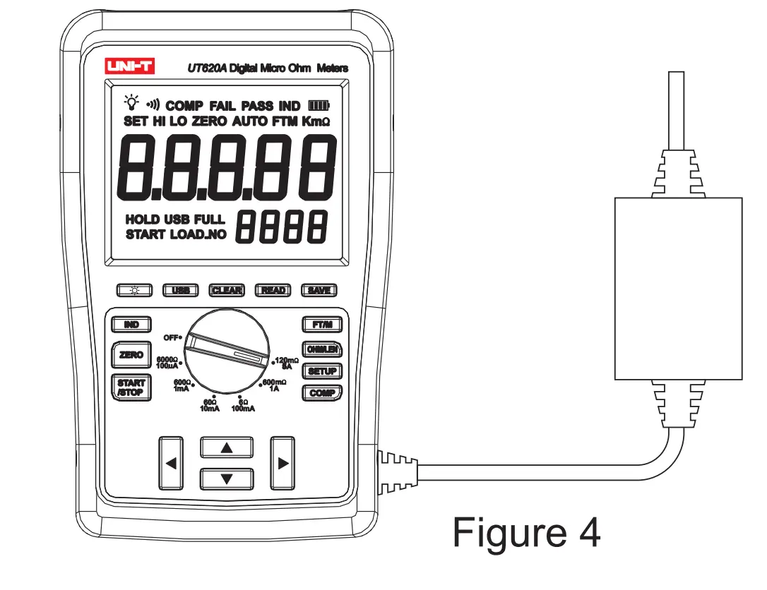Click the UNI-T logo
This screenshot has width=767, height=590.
point(129,67)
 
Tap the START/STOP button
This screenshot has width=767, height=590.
point(131,388)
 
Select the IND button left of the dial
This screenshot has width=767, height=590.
point(131,325)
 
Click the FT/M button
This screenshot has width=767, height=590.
point(322,325)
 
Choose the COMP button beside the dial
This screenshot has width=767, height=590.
point(322,393)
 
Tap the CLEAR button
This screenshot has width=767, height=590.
point(227,290)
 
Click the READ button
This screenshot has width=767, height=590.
point(273,290)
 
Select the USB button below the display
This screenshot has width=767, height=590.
point(181,290)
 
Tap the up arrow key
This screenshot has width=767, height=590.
point(227,447)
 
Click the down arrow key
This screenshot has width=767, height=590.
point(227,478)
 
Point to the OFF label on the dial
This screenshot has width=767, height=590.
point(172,337)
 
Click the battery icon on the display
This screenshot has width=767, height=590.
point(319,106)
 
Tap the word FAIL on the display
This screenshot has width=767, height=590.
point(222,106)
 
